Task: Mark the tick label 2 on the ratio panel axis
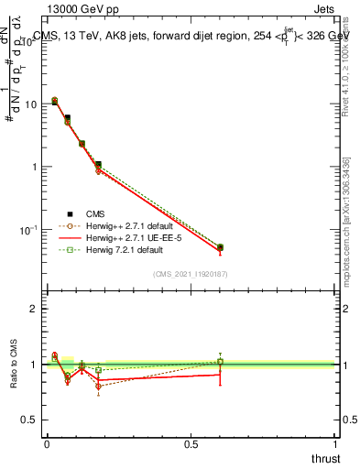pos(35,309)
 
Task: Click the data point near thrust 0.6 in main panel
pos(220,247)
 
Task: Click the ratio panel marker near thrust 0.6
pos(220,362)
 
